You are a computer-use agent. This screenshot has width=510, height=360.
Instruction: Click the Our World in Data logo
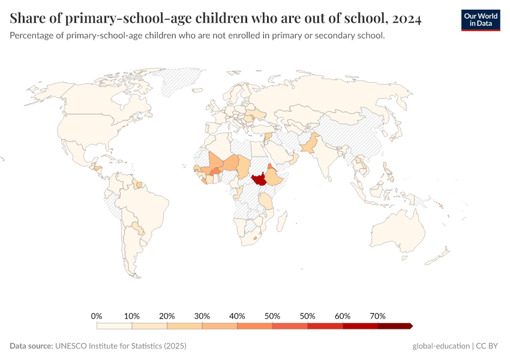[x=481, y=20]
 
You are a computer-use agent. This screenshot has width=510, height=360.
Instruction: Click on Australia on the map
[x=396, y=232]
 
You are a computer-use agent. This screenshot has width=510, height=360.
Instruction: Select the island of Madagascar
[x=280, y=222]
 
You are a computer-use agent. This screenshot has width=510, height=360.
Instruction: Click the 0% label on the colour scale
[x=97, y=316]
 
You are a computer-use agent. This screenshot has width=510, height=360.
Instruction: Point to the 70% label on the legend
[x=378, y=316]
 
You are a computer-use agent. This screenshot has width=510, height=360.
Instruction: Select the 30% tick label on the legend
[x=202, y=316]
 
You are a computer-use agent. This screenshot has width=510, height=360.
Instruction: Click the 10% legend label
[x=132, y=316]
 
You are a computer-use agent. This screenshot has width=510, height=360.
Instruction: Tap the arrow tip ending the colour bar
[x=411, y=326]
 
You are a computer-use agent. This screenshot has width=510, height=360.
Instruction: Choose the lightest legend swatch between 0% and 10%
[x=114, y=326]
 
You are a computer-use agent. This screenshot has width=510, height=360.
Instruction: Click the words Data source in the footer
[x=31, y=346]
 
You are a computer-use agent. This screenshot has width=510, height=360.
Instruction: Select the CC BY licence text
[x=488, y=346]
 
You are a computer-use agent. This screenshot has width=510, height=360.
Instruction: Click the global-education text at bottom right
[x=440, y=346]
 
